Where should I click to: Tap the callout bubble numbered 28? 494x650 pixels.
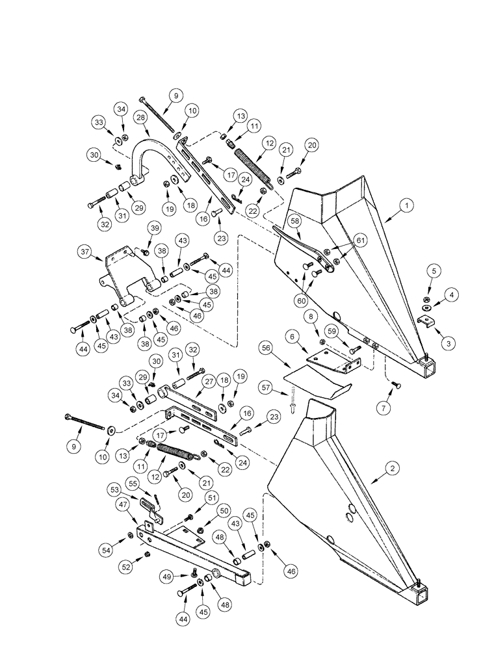coord(140,117)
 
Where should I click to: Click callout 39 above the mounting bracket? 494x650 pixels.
coord(155,228)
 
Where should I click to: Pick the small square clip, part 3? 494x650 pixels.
coord(426,320)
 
